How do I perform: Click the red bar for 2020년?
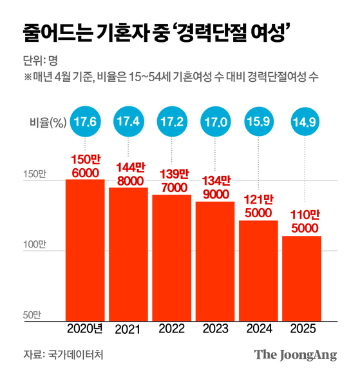tap(85, 250)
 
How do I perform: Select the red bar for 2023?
tap(214, 261)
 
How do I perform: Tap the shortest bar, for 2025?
tap(301, 278)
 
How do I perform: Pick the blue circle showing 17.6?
tap(85, 122)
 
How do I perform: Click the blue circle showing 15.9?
tap(258, 122)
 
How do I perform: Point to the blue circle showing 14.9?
tap(301, 122)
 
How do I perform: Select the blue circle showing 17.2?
tap(171, 122)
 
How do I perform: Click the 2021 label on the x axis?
tap(128, 330)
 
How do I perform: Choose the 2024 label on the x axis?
tap(258, 329)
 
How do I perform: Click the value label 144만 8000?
tap(128, 176)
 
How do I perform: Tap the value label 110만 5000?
tap(301, 222)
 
